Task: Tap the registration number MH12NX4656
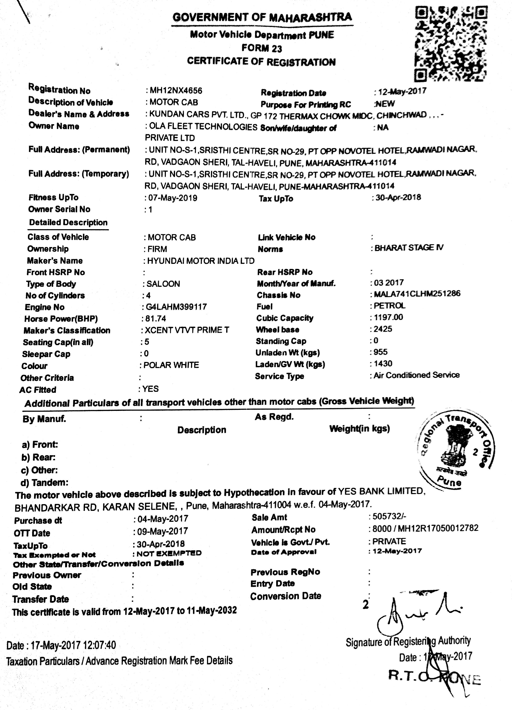pos(176,91)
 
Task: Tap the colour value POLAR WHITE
pos(171,365)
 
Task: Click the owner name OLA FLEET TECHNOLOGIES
pos(203,127)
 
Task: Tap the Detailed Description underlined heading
pos(68,223)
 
